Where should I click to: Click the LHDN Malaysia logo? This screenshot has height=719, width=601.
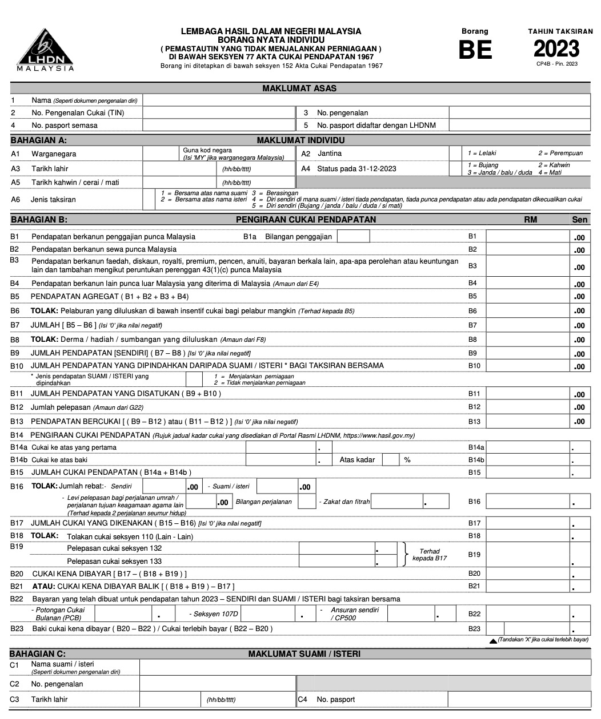pos(45,49)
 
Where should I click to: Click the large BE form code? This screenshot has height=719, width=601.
pos(475,50)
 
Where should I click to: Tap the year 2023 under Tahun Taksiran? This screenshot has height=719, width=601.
pos(556,49)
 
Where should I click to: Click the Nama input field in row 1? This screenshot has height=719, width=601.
pos(366,100)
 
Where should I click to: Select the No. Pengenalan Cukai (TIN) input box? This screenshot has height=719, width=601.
pos(218,113)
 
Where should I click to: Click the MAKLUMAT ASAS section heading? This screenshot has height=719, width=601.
pos(299,88)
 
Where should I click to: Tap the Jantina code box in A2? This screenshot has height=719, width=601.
pos(455,154)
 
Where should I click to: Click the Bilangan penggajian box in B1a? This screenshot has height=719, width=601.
pos(353,236)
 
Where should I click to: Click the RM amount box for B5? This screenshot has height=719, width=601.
pos(527,297)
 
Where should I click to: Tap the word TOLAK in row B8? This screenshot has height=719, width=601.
pos(44,340)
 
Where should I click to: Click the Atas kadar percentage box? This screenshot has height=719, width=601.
pos(390,460)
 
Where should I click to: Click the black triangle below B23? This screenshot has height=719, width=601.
pos(493,641)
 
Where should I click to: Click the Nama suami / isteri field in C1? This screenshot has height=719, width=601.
pos(364,668)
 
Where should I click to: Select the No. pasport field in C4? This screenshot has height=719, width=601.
pos(519,700)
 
